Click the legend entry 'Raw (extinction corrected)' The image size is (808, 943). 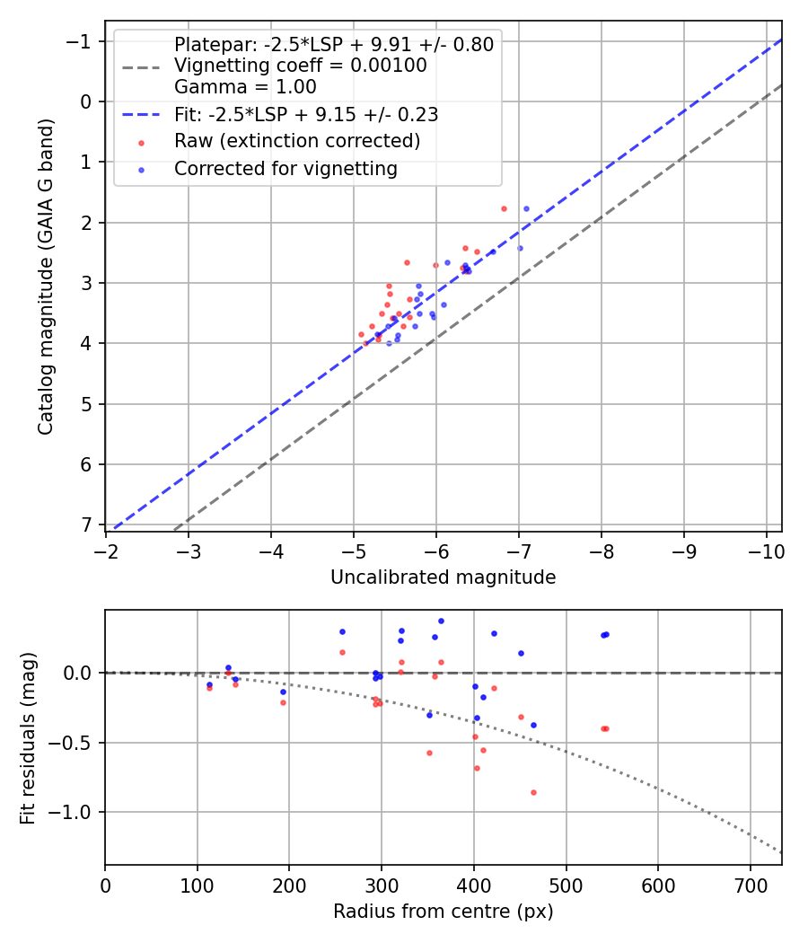[x=296, y=141]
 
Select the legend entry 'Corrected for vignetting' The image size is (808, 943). [x=285, y=169]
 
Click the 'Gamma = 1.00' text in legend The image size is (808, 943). [x=245, y=87]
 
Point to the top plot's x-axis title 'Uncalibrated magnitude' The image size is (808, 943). [x=443, y=577]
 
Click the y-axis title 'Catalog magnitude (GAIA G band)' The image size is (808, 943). [x=46, y=276]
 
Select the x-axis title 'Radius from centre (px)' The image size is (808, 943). [x=443, y=912]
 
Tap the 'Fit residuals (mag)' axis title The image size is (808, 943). [x=28, y=737]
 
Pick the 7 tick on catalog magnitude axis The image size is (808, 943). [x=87, y=524]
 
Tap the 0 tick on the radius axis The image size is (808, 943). [x=105, y=884]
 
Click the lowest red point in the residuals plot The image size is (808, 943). [x=533, y=792]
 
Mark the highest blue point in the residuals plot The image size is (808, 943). [x=441, y=621]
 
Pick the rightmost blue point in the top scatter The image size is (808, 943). [x=526, y=208]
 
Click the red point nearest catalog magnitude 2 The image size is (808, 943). [x=504, y=208]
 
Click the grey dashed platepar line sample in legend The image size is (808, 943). [x=142, y=66]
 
